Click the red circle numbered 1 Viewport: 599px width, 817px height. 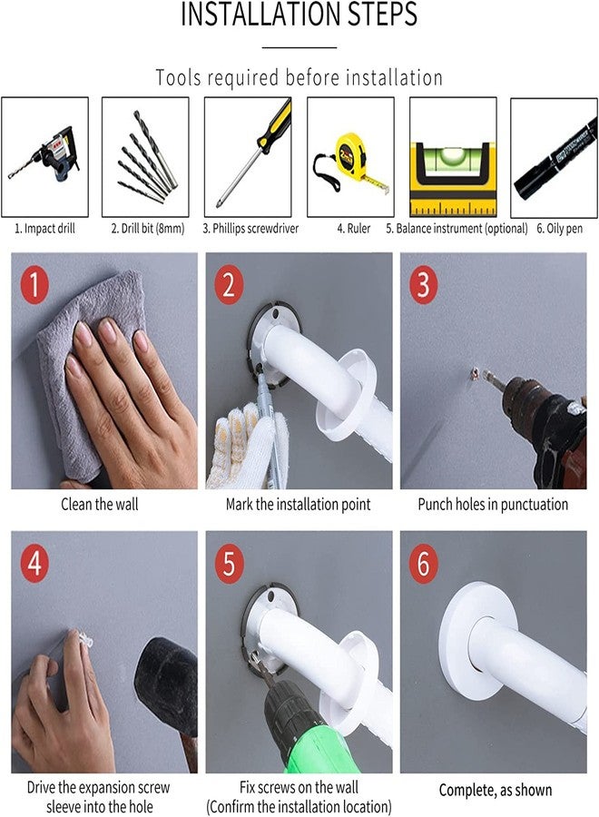[34, 284]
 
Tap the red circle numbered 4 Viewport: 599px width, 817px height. [34, 563]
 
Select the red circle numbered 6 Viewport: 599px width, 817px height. [424, 563]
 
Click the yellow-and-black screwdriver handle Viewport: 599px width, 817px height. [276, 125]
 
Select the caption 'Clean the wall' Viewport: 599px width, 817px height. [100, 505]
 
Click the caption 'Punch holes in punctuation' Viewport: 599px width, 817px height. [493, 505]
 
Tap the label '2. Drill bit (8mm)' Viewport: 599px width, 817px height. [148, 228]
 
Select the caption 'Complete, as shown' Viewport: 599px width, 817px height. [496, 790]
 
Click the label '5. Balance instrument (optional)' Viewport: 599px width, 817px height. [457, 228]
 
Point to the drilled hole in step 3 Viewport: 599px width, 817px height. [474, 374]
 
